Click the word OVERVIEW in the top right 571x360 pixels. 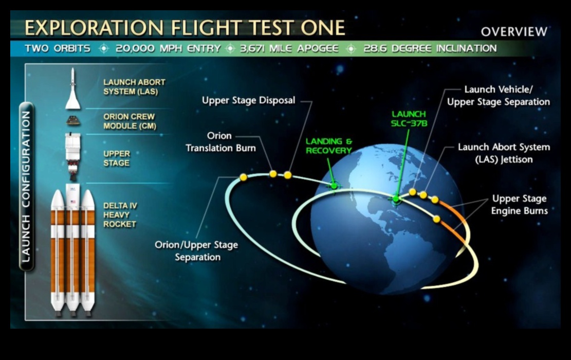[514, 32]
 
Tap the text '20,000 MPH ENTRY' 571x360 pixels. [168, 49]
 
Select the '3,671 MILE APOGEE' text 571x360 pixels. [289, 49]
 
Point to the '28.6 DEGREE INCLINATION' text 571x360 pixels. [430, 49]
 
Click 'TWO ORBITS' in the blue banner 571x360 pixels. [58, 49]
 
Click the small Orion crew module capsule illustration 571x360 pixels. [73, 121]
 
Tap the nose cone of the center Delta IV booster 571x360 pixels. [73, 198]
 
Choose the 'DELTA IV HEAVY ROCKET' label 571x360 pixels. [120, 215]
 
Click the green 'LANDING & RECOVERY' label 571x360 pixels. [329, 146]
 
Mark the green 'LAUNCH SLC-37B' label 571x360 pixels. [409, 119]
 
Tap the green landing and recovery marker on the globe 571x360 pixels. [335, 186]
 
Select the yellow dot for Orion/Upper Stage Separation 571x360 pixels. [243, 177]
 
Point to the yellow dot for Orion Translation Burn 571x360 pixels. [273, 174]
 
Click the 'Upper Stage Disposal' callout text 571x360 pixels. [248, 100]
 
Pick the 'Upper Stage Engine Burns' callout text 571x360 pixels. [519, 205]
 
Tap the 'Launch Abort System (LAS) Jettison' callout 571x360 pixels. [504, 153]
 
